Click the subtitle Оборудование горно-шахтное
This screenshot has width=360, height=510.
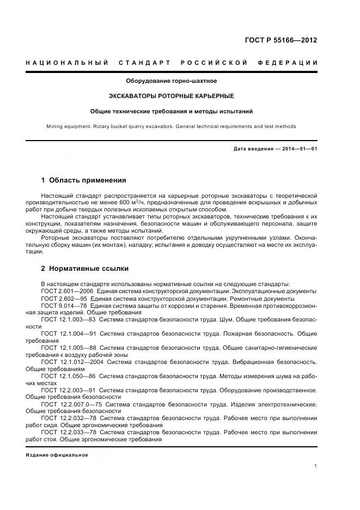tap(172, 81)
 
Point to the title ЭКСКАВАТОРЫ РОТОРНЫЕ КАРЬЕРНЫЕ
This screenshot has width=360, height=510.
tap(172, 96)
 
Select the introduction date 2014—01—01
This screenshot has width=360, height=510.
tap(299, 148)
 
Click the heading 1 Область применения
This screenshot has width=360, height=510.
tap(84, 180)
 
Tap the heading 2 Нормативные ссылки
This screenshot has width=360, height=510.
tap(86, 269)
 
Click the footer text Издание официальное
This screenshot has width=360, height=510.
tap(57, 455)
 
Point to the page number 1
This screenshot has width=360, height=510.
tap(316, 466)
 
